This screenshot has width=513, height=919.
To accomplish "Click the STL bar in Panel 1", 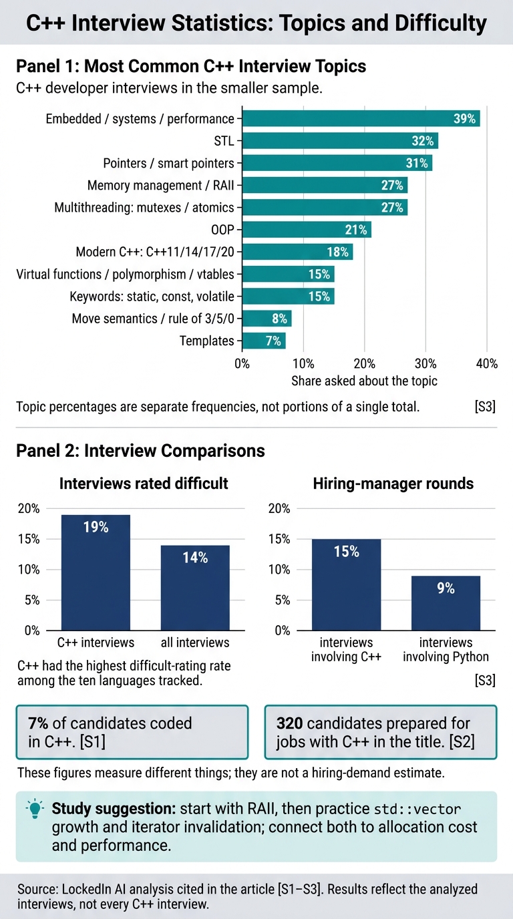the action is tap(340, 141).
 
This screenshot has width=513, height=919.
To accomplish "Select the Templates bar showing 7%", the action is tap(264, 341).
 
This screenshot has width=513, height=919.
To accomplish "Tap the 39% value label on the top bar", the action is tap(464, 119).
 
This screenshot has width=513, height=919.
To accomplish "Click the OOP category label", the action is tap(222, 230).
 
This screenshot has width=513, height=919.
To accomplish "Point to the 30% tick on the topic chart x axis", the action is tap(425, 363).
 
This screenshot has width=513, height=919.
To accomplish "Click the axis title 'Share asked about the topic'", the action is tap(364, 381).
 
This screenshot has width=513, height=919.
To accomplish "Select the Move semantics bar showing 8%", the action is tap(267, 319).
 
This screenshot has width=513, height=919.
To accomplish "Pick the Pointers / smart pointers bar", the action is tap(337, 163).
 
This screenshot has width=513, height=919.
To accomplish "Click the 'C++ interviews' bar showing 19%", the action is tap(96, 572).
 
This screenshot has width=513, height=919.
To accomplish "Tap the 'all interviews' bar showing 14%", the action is tap(195, 588).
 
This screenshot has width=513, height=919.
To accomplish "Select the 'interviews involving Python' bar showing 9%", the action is tap(446, 603).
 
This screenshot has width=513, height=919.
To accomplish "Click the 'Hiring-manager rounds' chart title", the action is tap(393, 484).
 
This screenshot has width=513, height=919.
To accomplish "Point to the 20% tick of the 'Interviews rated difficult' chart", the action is tap(29, 509).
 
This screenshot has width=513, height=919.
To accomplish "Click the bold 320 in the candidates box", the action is tap(289, 723).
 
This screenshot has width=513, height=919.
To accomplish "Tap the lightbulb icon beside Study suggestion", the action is tap(35, 809).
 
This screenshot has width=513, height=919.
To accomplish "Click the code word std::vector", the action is tap(417, 809).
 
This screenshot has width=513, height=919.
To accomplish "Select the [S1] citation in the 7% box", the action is tap(93, 742).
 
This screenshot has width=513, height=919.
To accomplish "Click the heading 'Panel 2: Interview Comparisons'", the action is tap(140, 451).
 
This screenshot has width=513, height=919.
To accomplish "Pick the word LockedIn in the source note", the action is tap(86, 889).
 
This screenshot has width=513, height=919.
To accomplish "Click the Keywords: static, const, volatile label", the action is tap(152, 297).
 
